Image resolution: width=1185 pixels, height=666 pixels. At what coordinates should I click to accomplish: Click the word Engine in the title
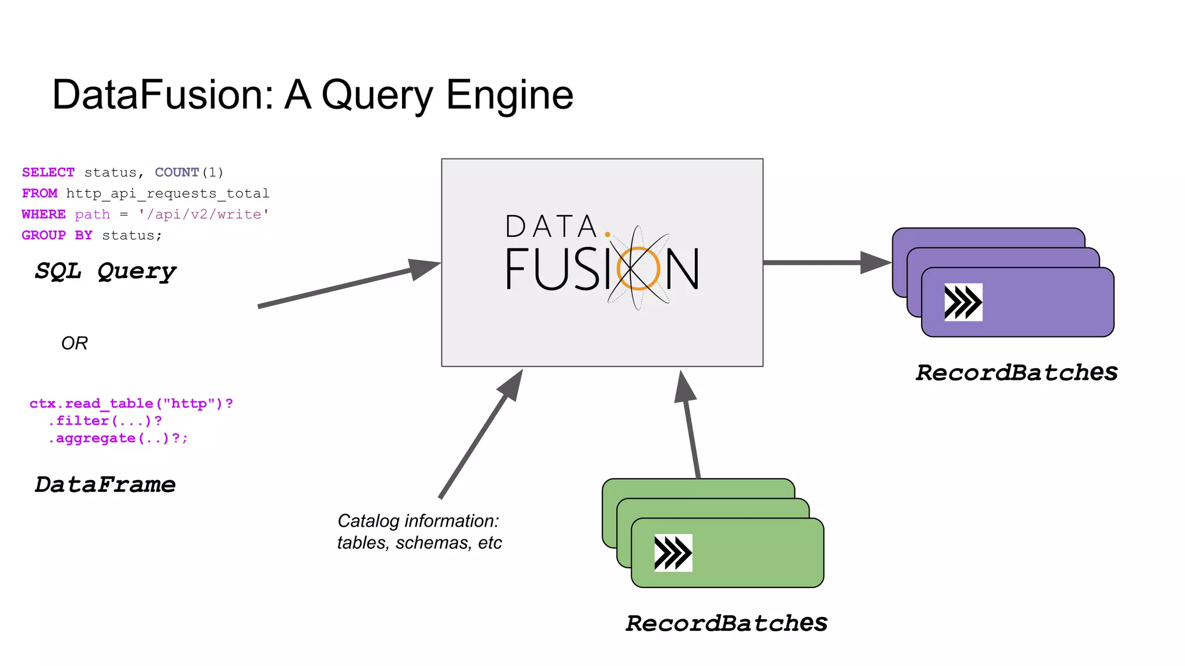[x=509, y=95]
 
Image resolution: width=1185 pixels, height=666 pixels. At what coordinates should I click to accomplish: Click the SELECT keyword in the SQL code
[x=48, y=172]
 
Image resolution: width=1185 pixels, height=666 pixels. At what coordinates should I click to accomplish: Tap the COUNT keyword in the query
[x=176, y=172]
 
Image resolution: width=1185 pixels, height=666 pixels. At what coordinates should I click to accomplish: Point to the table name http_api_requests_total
[x=167, y=193]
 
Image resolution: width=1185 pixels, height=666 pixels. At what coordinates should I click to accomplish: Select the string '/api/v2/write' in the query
[x=204, y=214]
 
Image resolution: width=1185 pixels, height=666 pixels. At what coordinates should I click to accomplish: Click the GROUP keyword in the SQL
[x=43, y=235]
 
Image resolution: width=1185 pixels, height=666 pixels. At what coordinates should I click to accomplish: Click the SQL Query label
[x=105, y=271]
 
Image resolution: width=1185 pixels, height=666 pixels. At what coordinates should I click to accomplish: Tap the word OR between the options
[x=74, y=343]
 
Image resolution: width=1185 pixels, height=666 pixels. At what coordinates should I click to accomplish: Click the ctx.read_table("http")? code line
[x=131, y=404]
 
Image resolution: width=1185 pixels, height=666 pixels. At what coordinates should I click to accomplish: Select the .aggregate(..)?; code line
[x=118, y=438]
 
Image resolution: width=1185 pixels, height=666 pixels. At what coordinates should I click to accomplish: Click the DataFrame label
[x=105, y=484]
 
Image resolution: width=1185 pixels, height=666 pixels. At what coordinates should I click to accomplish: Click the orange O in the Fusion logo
[x=638, y=268]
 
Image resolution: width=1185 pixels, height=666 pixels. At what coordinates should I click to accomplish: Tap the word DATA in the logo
[x=550, y=227]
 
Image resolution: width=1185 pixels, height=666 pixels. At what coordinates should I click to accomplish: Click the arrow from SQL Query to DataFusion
[x=347, y=284]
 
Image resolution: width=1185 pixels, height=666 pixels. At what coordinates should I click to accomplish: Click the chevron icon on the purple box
[x=963, y=302]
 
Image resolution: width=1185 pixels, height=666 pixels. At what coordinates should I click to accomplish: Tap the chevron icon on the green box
[x=673, y=553]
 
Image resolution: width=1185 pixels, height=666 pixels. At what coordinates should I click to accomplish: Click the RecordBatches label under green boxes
[x=726, y=623]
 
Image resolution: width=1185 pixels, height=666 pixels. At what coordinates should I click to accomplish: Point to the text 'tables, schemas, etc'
[x=419, y=543]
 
